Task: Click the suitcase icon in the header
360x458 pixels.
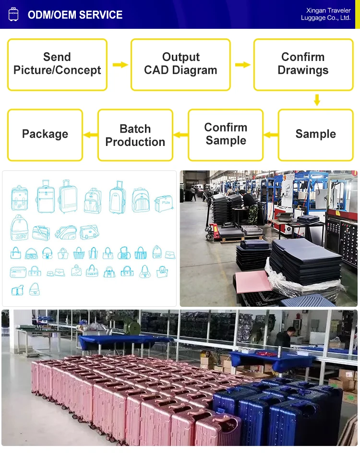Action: click(13, 14)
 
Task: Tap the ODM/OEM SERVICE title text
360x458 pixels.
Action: click(75, 15)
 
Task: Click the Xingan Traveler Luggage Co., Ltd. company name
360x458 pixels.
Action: click(326, 14)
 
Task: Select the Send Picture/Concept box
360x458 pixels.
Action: click(57, 64)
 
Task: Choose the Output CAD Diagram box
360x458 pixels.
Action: click(180, 64)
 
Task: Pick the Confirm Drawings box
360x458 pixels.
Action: click(303, 64)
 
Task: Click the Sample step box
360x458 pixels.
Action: click(315, 134)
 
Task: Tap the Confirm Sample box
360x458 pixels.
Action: click(226, 134)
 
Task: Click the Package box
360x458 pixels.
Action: click(45, 134)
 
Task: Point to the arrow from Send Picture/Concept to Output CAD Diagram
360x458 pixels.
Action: click(120, 64)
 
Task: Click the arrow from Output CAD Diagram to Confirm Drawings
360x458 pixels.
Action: click(242, 64)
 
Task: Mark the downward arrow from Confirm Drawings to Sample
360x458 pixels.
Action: click(316, 100)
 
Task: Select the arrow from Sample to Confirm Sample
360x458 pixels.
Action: click(271, 135)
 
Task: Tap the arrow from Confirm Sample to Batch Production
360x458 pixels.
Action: click(180, 135)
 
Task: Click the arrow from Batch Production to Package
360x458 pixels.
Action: click(90, 135)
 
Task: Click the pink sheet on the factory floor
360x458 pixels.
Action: click(252, 281)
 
